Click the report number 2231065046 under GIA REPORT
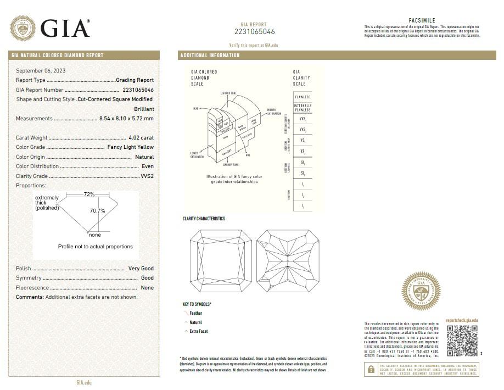click(254, 32)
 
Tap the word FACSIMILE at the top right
click(422, 20)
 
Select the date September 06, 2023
click(41, 70)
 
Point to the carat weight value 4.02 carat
click(141, 138)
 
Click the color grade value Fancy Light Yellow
click(131, 147)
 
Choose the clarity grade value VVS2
click(147, 176)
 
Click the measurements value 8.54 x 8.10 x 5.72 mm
click(126, 119)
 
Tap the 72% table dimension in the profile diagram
click(89, 194)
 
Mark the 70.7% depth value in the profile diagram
click(97, 210)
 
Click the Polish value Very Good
click(141, 269)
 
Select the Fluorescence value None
click(147, 288)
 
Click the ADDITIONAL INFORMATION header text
click(210, 55)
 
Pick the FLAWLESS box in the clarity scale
click(303, 97)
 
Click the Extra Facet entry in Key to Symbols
click(198, 332)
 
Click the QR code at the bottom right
click(462, 341)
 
